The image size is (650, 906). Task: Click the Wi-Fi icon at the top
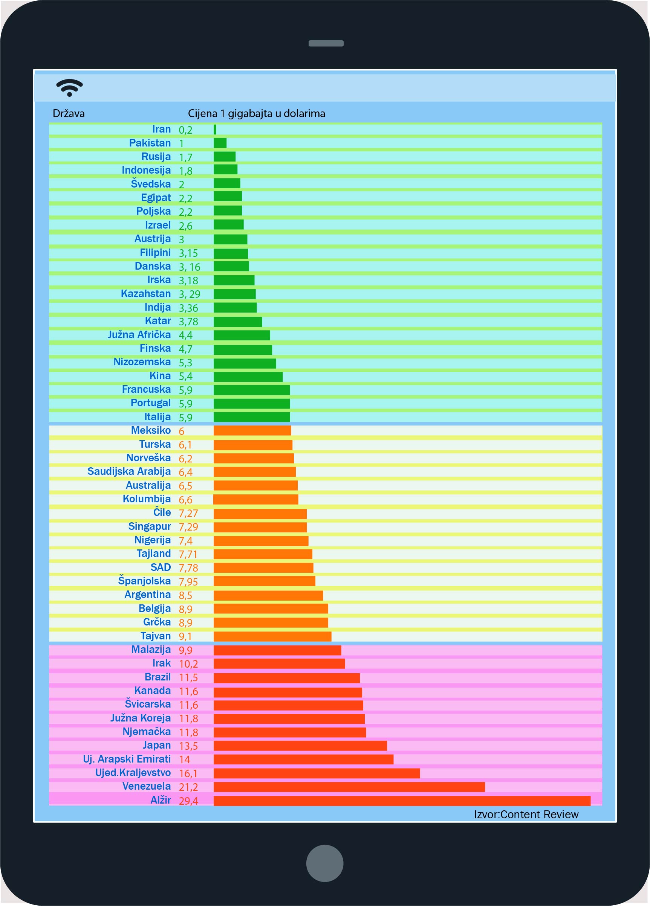coord(70,87)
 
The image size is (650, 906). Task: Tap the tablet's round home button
coord(324,863)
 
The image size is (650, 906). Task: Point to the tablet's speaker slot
coord(326,43)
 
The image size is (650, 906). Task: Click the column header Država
coord(69,113)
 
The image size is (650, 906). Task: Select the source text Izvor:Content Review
coord(526,814)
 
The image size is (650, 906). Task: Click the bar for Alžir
coord(402,801)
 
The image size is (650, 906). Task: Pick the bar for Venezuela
coord(349,787)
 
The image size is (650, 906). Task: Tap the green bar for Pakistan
coord(220,143)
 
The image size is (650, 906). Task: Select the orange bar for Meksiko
coord(252,431)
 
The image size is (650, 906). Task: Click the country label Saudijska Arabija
coord(129,471)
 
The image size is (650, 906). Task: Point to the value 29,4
coord(188,801)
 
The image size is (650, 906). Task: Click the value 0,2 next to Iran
coord(185,130)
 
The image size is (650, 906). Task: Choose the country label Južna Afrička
coord(139,335)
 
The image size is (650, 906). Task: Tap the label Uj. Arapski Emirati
coord(127,759)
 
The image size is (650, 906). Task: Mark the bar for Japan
coord(300,746)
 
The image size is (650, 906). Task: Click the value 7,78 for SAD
coord(188,567)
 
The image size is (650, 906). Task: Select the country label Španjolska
coord(144,581)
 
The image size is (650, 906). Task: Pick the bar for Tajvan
coord(272,636)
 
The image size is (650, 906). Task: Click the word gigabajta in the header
coord(250,113)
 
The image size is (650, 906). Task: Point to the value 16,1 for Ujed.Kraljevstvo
coord(188,773)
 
